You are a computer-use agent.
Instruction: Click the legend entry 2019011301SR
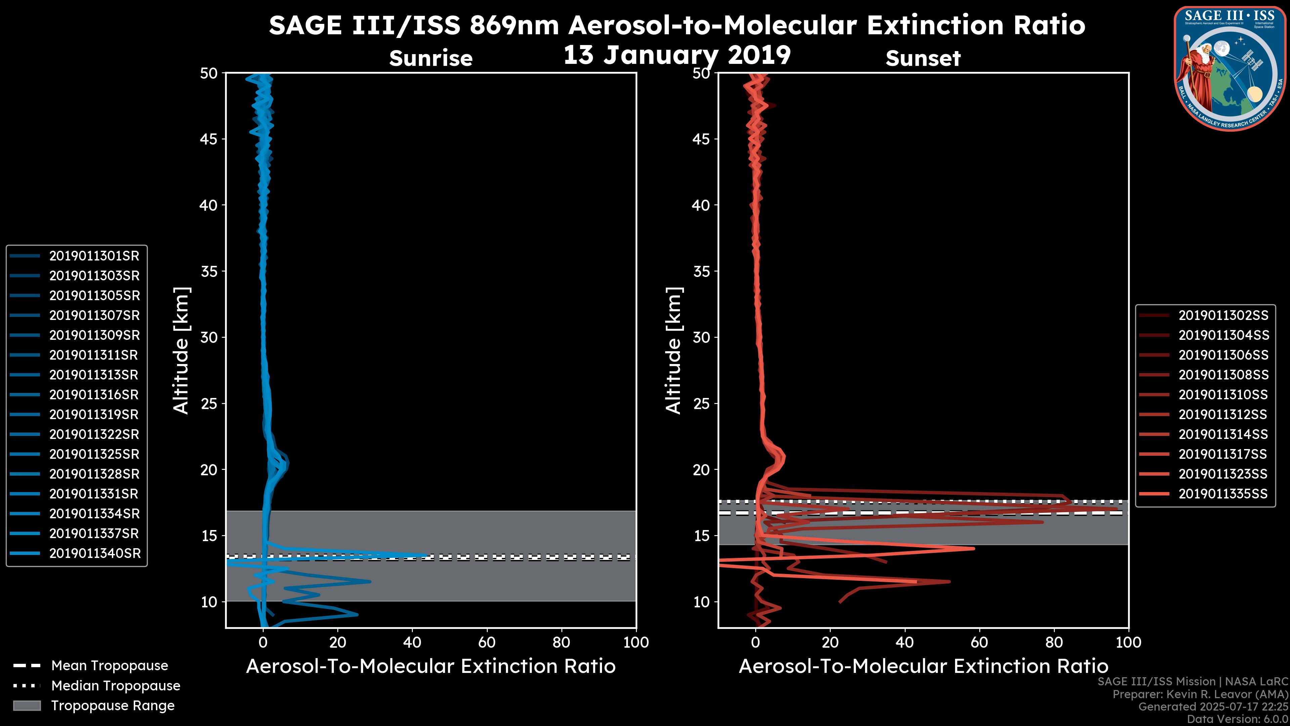(94, 256)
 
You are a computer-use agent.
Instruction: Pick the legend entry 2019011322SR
(94, 434)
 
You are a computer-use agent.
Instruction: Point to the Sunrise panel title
(431, 58)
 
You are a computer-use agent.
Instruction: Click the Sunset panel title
(923, 58)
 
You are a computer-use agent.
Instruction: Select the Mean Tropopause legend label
(110, 666)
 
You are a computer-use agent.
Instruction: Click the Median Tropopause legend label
(116, 686)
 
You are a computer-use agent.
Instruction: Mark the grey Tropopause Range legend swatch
(27, 706)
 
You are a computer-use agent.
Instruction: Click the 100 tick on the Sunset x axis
(1128, 643)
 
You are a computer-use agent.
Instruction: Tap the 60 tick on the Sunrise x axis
(487, 643)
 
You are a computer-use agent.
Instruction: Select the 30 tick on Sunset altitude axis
(701, 338)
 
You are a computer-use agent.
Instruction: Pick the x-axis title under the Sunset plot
(923, 667)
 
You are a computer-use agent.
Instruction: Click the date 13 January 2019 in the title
(677, 55)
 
